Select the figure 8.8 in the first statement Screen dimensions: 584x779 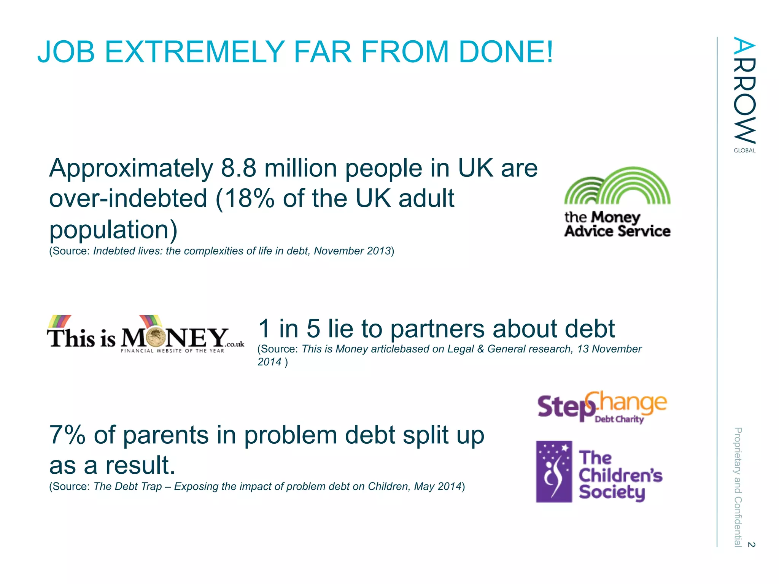click(238, 168)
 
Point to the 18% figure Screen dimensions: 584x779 click(249, 198)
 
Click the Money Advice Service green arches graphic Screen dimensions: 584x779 click(617, 186)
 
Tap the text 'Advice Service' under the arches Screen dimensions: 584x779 click(617, 231)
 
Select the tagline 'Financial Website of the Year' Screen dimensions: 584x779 click(172, 351)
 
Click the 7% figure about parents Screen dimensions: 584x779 click(67, 435)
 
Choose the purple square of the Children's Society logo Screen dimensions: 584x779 click(554, 471)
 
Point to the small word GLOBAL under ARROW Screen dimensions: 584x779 click(744, 151)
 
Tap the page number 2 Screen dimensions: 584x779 click(751, 544)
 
